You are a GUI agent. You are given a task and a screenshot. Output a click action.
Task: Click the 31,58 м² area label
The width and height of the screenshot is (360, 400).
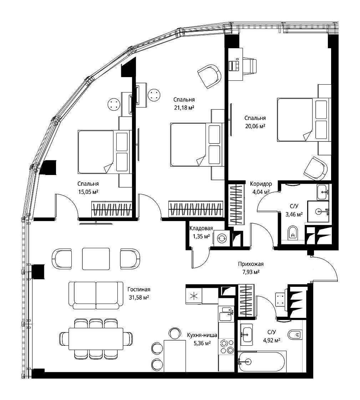pyautogui.click(x=139, y=297)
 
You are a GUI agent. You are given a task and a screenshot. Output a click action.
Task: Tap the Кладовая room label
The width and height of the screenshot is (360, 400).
pyautogui.click(x=201, y=228)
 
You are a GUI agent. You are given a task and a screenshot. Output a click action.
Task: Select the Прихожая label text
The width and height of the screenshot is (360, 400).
pyautogui.click(x=251, y=264)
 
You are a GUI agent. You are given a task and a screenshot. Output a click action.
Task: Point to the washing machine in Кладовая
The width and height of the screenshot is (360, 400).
pyautogui.click(x=221, y=238)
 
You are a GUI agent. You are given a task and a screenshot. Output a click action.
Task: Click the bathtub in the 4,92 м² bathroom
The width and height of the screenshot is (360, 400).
pyautogui.click(x=262, y=361)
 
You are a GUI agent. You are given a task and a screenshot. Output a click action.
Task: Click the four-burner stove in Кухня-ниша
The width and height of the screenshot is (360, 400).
pyautogui.click(x=227, y=346)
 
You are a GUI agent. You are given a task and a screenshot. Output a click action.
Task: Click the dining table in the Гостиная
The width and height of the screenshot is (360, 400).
pyautogui.click(x=96, y=339)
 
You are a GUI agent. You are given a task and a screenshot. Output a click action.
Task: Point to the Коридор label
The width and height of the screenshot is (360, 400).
pyautogui.click(x=261, y=184)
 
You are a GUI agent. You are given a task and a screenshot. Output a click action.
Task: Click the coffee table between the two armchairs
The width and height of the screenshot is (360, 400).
pyautogui.click(x=96, y=259)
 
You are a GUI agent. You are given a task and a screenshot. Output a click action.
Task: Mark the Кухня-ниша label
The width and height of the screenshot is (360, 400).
pyautogui.click(x=202, y=335)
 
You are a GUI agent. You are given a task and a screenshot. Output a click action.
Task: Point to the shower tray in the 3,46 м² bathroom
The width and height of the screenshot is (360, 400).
pyautogui.click(x=318, y=211)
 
